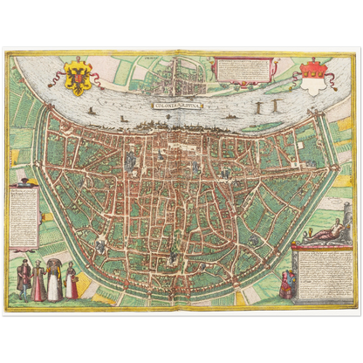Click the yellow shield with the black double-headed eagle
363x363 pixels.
[x=79, y=78]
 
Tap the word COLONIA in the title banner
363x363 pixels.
[x=168, y=106]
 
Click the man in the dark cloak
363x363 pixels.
[x=24, y=279]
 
